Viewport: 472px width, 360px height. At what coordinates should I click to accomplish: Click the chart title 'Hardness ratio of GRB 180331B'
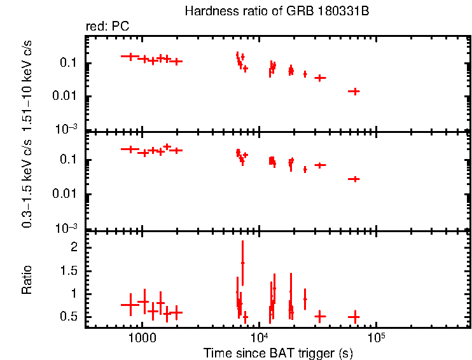pos(277,11)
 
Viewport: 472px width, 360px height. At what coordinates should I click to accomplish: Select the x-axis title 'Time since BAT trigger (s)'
pos(278,352)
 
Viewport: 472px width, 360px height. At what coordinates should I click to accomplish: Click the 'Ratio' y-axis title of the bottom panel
pos(27,280)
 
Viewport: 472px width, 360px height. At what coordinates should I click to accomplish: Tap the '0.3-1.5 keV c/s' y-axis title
pos(27,181)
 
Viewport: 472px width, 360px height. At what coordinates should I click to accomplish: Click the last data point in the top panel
pos(354,91)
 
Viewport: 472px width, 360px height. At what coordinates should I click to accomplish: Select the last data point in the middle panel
pos(354,179)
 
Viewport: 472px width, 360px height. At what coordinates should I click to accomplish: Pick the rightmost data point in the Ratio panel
pos(354,316)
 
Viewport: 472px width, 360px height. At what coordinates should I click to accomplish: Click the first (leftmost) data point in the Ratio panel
pos(130,305)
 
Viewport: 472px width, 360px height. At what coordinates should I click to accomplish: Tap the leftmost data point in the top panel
pos(130,57)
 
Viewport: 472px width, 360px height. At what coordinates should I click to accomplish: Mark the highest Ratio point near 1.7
pos(242,263)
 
